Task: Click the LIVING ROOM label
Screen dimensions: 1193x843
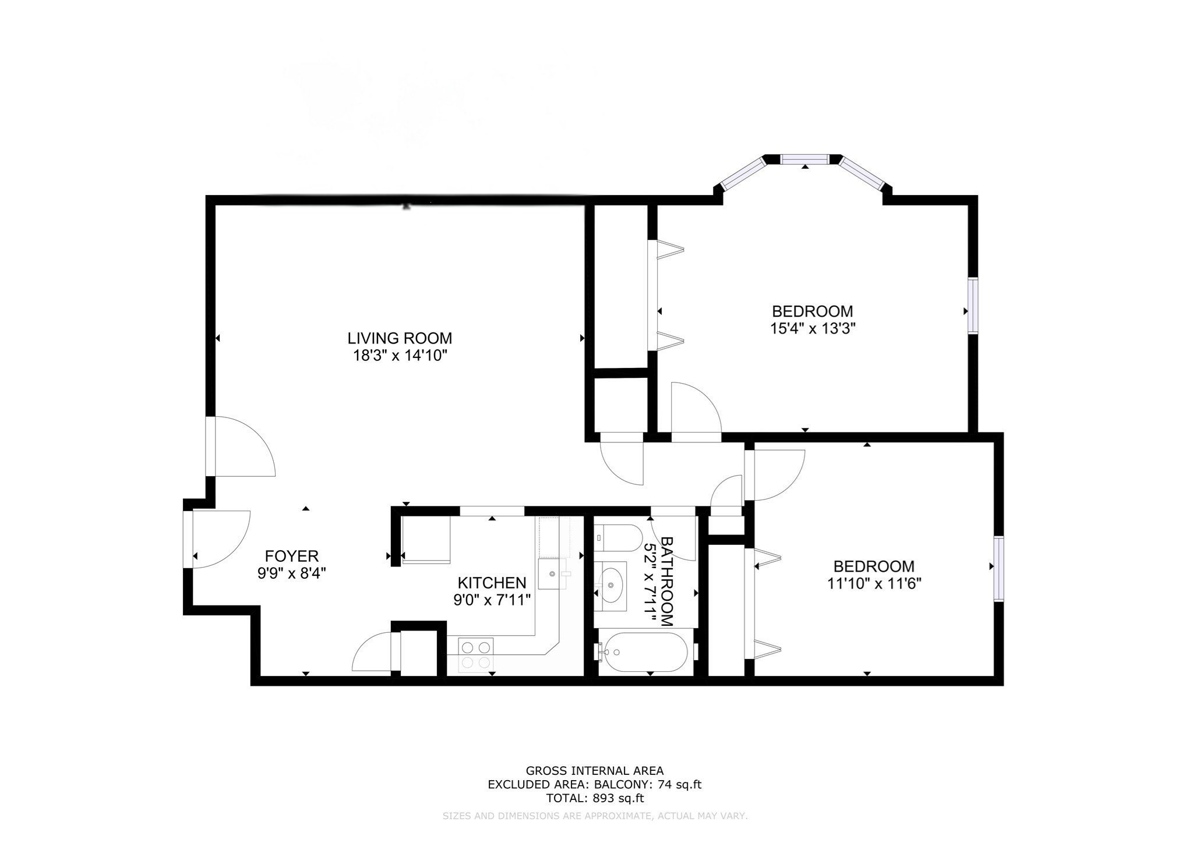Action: point(400,338)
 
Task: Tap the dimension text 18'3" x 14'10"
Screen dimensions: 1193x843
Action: point(400,356)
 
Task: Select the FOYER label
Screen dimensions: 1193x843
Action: point(292,556)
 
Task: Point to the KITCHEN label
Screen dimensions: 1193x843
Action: point(492,583)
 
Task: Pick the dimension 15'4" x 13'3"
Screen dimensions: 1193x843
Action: point(813,328)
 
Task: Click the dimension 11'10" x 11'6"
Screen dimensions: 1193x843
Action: point(874,583)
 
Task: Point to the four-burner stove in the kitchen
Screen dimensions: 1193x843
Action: point(476,654)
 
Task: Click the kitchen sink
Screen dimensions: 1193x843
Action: point(552,574)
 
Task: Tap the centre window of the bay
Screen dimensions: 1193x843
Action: point(804,160)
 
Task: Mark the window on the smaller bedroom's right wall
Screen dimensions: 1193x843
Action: point(999,569)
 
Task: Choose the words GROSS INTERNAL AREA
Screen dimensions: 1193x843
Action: point(595,771)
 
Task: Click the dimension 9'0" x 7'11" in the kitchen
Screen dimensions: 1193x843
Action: point(492,600)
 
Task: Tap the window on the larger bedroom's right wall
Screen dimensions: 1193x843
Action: point(973,306)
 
